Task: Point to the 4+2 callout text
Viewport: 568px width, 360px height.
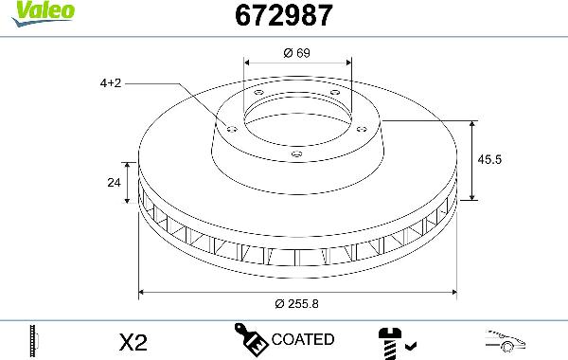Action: click(111, 83)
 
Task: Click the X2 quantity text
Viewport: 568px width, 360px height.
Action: click(134, 340)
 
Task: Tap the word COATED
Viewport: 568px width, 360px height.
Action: click(302, 339)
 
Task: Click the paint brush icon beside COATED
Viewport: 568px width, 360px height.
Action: click(250, 339)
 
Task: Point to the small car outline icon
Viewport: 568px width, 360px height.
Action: click(507, 339)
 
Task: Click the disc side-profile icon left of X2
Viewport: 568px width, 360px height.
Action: click(34, 339)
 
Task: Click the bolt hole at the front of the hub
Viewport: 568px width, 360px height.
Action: click(296, 153)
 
